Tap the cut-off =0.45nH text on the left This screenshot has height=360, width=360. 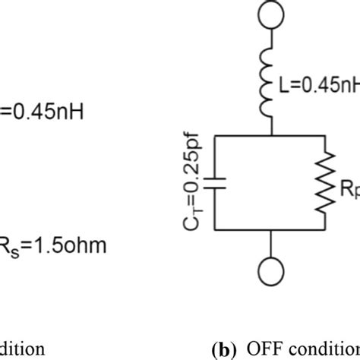click(x=42, y=113)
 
